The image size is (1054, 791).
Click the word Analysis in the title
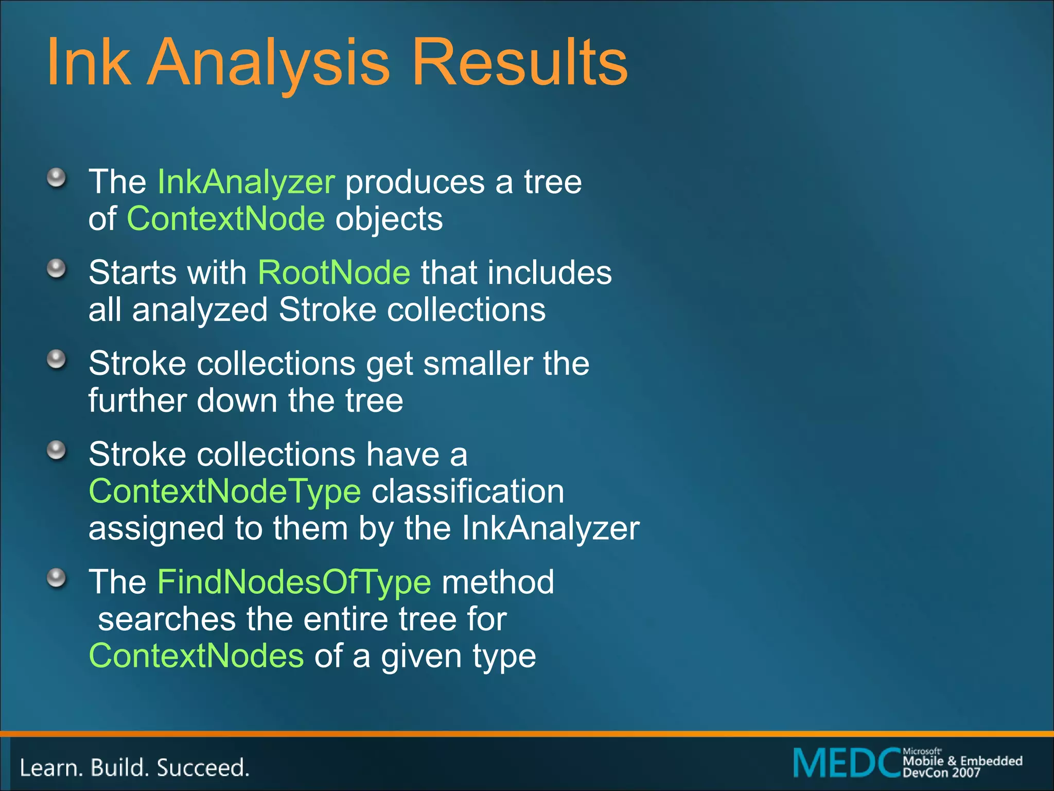269,63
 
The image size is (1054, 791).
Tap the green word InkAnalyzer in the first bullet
246,182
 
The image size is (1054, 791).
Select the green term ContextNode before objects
226,219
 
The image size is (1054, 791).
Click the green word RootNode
334,272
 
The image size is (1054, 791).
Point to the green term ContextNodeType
225,492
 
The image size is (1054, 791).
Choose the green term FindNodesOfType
294,582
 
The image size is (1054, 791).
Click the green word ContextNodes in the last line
196,657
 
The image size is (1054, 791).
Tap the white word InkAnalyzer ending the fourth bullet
550,529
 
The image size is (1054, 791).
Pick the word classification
468,492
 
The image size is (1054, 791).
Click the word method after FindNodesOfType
498,582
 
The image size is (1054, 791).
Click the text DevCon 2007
941,772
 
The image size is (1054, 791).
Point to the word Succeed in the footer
203,768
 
